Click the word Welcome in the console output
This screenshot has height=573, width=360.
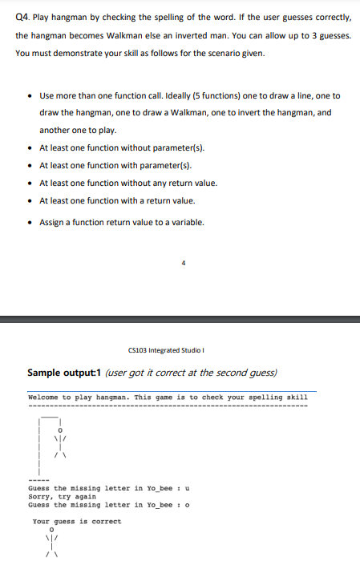pyautogui.click(x=44, y=397)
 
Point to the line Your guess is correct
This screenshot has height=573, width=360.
pyautogui.click(x=77, y=521)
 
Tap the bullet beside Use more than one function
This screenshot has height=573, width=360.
pyautogui.click(x=30, y=95)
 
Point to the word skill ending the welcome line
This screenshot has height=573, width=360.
pyautogui.click(x=297, y=397)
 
